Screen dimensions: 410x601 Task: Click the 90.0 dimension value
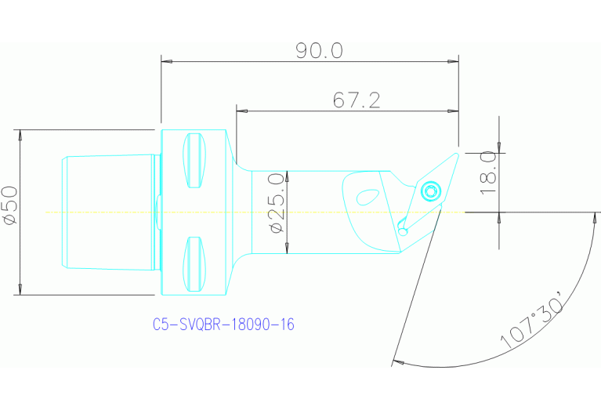(x=319, y=51)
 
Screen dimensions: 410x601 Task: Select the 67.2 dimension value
(x=357, y=100)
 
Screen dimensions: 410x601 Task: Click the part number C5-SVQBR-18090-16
(x=223, y=324)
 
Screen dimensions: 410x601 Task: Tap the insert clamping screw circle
(x=430, y=190)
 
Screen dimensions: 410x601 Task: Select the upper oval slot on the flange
(x=194, y=161)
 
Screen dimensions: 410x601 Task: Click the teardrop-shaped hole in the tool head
(x=365, y=196)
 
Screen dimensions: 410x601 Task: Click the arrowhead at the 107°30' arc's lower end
(x=396, y=362)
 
